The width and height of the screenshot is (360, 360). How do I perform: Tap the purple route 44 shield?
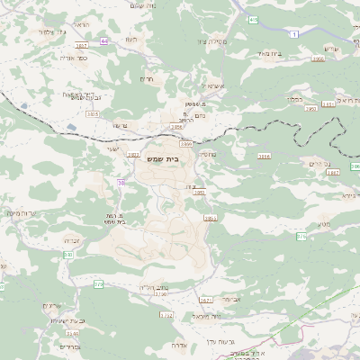pos(104,40)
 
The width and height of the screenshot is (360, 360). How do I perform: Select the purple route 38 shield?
pos(120,183)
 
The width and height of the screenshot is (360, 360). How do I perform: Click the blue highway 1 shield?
pos(294,33)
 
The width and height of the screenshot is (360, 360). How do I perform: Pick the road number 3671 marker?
pos(205,300)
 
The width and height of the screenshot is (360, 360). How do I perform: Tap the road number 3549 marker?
pos(71,333)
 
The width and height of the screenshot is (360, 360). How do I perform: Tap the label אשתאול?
pos(215,86)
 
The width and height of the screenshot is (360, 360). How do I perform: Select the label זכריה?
pos(73,240)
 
